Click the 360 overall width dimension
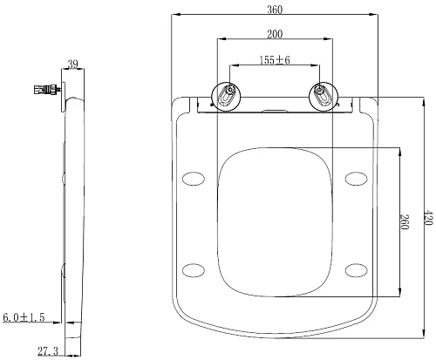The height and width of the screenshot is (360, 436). pyautogui.click(x=276, y=7)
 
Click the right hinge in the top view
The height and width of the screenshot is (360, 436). pyautogui.click(x=321, y=95)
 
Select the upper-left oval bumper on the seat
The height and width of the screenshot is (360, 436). pyautogui.click(x=194, y=179)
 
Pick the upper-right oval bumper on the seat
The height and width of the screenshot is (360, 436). pyautogui.click(x=355, y=179)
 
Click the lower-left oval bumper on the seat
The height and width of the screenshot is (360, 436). pyautogui.click(x=194, y=268)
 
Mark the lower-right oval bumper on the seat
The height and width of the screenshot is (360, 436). pyautogui.click(x=355, y=268)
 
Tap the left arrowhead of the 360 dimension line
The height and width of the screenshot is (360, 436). pyautogui.click(x=172, y=15)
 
